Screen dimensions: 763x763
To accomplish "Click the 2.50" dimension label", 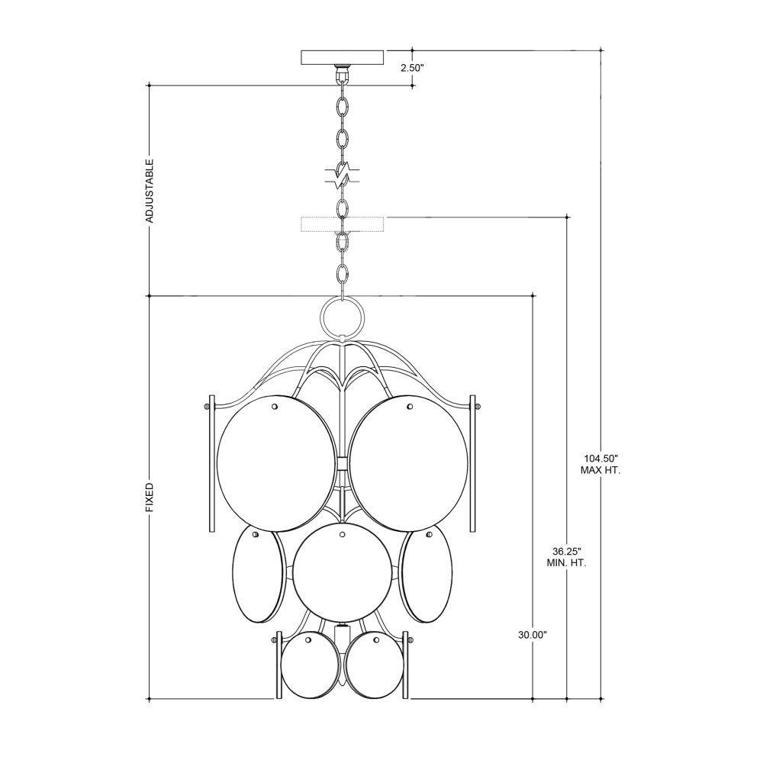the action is point(413,68).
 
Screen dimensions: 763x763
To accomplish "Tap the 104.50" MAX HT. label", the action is point(600,464).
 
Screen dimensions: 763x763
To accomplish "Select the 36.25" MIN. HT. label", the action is point(567,558).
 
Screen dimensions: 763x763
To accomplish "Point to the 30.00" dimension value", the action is point(533,635).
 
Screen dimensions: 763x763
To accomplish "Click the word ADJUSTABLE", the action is point(150,190).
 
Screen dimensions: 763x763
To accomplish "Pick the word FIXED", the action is point(150,497).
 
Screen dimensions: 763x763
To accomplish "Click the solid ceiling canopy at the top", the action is point(343,57).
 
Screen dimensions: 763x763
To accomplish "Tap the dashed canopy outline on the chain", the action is point(343,224).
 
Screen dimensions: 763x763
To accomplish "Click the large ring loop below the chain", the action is point(343,316).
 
